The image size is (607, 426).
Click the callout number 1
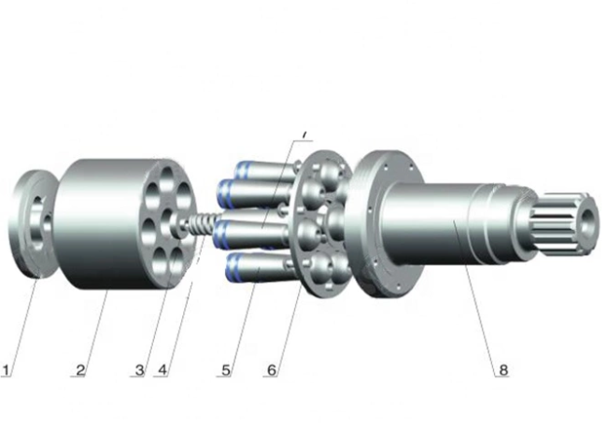[x=7, y=369]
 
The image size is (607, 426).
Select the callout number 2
[x=81, y=369]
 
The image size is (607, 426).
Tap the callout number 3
[x=139, y=369]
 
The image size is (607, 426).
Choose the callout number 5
[x=225, y=369]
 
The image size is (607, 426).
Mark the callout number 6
[x=271, y=369]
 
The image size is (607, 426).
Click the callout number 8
[x=502, y=369]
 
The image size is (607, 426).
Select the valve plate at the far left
[x=34, y=224]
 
